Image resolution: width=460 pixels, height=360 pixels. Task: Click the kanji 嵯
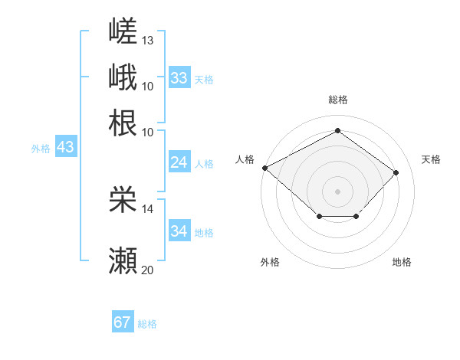123,31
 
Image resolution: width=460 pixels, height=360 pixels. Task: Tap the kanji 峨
123,77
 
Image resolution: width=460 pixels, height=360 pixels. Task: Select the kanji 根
123,123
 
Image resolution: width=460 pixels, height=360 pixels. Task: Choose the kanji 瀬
123,260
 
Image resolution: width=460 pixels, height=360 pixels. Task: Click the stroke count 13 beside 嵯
147,41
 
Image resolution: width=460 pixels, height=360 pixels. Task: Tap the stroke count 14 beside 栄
147,209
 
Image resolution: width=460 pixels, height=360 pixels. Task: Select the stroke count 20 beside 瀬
147,270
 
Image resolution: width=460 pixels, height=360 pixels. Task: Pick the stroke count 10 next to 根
147,133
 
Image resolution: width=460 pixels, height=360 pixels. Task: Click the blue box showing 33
179,77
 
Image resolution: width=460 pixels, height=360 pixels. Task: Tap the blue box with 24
179,162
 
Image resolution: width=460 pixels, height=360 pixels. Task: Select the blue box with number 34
179,230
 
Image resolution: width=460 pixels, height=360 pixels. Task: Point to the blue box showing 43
66,146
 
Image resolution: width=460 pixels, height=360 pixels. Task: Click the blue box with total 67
123,321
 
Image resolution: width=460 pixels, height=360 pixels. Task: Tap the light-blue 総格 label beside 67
147,324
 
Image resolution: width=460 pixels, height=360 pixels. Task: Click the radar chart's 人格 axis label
245,159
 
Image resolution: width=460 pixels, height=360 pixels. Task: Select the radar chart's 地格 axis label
402,262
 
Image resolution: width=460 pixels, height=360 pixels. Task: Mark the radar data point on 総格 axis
337,130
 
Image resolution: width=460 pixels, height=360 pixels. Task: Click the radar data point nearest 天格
396,172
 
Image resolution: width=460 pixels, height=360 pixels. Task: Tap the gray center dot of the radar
337,191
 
